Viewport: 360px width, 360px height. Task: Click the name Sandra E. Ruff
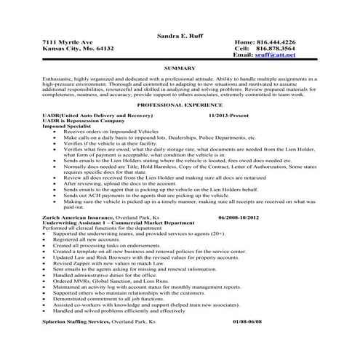tap(179, 35)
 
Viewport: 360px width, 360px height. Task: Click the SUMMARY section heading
tap(179, 68)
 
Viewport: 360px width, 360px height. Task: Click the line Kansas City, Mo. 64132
tap(79, 48)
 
